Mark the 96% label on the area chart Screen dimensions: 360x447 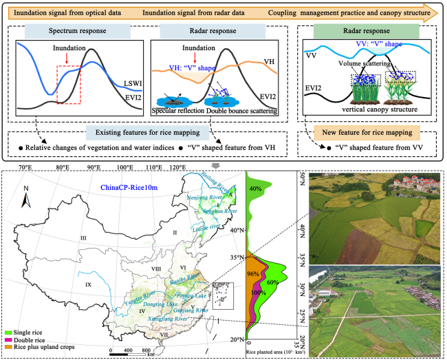coord(252,274)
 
